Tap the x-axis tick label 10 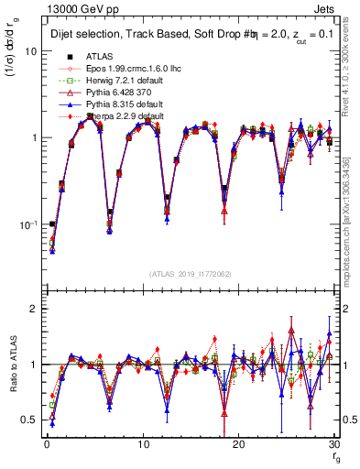[142, 444]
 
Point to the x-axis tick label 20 [238, 444]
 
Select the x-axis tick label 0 [47, 444]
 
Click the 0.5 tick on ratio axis [31, 420]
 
